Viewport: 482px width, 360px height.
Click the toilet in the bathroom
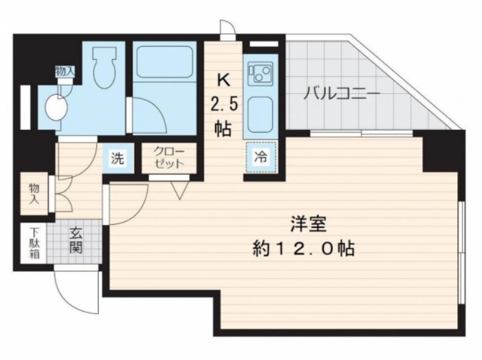pos(104,68)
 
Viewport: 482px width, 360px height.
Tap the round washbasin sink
pos(56,107)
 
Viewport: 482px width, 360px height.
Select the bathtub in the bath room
pos(164,62)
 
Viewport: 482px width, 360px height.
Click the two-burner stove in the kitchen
pos(261,74)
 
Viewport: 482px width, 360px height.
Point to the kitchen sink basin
pos(260,112)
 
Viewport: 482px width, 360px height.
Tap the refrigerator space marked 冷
pos(261,157)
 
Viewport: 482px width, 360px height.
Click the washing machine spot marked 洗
pos(118,158)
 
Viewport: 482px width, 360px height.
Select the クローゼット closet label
pos(169,157)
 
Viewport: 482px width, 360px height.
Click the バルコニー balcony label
pos(341,93)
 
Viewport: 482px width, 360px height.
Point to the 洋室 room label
pos(309,224)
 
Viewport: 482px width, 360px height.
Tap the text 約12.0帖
pos(304,248)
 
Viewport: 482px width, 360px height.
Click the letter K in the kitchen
pos(224,81)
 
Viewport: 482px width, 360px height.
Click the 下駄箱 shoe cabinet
pos(33,243)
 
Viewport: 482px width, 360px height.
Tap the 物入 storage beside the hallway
pos(34,193)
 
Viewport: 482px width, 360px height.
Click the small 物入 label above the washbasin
pos(64,72)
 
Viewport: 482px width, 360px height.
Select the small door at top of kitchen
pos(228,30)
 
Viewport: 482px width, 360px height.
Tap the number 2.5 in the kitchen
pos(224,105)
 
